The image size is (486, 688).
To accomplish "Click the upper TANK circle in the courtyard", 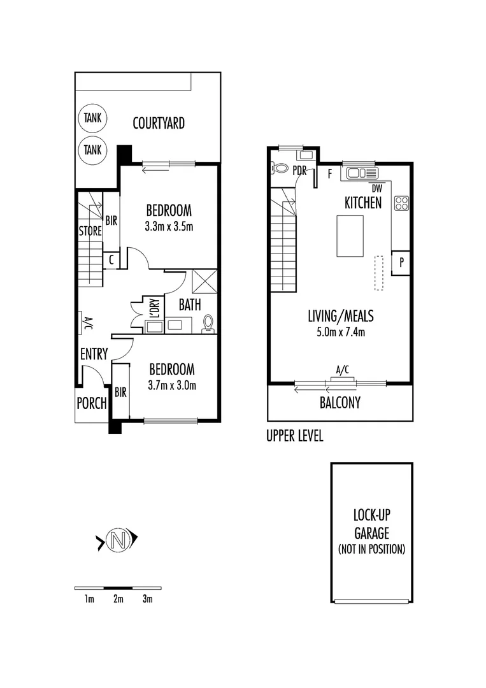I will [92, 118].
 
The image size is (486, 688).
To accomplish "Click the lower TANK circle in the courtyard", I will [92, 150].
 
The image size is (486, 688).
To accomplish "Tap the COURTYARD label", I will [159, 123].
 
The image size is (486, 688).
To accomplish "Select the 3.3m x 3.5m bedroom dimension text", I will [169, 226].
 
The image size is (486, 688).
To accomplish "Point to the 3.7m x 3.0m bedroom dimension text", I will [171, 385].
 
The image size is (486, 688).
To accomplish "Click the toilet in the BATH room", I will [208, 324].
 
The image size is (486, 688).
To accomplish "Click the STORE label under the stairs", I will [90, 231].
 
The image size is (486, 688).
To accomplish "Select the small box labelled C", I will [111, 260].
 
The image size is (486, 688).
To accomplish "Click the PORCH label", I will [91, 403].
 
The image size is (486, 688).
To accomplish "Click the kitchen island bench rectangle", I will [350, 236].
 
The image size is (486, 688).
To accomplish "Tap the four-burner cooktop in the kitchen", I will [401, 203].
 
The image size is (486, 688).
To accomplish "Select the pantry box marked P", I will [401, 262].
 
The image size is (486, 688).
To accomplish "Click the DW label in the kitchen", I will [377, 188].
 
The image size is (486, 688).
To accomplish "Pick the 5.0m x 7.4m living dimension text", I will [341, 331].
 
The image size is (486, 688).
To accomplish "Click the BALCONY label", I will [340, 403].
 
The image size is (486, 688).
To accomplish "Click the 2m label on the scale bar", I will [118, 599].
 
